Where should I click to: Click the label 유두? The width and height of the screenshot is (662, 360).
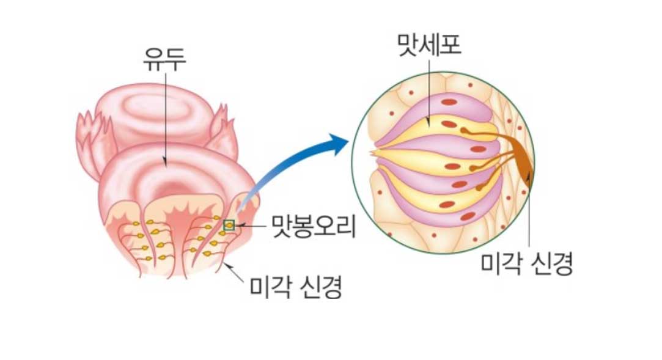point(164,60)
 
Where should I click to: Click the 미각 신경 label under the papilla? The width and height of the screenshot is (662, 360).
point(295,285)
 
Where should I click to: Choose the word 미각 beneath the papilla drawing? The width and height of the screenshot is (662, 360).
point(270,285)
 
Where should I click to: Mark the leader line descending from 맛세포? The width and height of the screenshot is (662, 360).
point(428,92)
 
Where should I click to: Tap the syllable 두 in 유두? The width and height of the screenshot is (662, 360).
point(175,60)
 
